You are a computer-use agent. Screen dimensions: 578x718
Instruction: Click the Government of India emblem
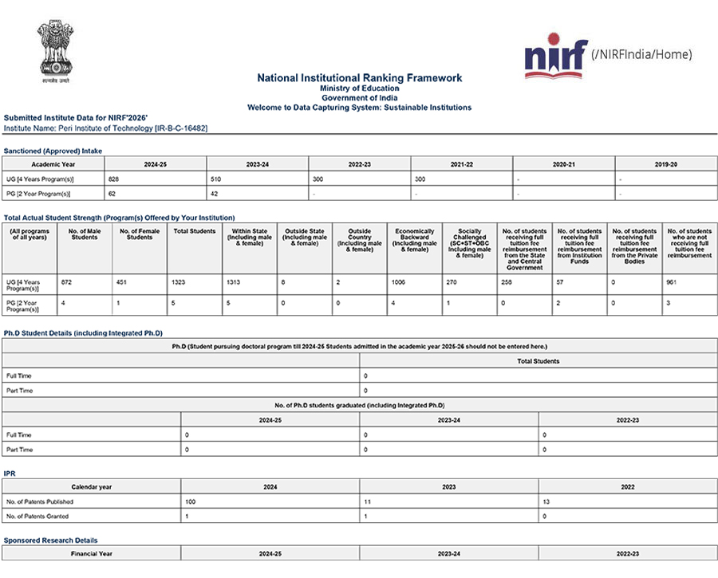(55, 51)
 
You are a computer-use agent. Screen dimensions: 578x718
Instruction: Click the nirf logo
(555, 56)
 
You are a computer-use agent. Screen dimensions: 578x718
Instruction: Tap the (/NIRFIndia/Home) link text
(641, 54)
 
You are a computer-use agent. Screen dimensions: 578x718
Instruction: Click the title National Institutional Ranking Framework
(359, 78)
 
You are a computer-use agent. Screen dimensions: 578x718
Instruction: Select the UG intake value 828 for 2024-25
(112, 179)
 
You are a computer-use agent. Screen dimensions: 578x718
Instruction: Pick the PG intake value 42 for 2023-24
(215, 194)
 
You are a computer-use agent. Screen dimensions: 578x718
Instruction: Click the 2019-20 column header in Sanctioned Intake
(665, 164)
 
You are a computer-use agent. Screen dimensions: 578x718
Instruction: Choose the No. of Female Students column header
(140, 234)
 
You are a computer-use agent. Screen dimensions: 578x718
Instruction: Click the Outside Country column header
(360, 241)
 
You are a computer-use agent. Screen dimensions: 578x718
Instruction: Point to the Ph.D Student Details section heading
(83, 332)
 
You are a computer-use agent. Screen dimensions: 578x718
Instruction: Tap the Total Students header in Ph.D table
(538, 360)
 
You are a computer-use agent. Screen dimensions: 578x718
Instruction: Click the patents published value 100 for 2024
(191, 501)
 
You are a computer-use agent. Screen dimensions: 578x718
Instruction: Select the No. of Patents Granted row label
(39, 517)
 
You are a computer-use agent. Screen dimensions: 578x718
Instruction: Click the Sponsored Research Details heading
(50, 540)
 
